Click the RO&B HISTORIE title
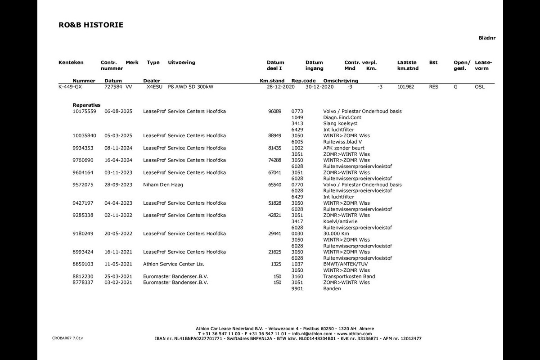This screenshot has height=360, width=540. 90,25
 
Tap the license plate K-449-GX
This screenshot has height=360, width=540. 70,87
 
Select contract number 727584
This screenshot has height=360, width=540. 113,87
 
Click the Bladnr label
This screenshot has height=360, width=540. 487,38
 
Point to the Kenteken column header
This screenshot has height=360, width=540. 71,63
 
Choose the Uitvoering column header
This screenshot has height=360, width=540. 181,63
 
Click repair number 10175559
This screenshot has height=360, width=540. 84,111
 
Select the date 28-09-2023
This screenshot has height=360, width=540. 118,184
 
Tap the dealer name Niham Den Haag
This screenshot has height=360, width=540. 163,184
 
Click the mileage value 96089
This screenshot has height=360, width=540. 274,111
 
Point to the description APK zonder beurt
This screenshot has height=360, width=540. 343,148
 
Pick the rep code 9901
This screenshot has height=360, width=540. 297,288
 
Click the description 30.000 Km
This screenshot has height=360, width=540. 336,234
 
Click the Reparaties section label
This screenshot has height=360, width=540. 86,105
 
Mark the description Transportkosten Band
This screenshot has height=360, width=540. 349,276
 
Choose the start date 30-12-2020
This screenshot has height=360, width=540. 319,87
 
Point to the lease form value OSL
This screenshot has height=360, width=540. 480,87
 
